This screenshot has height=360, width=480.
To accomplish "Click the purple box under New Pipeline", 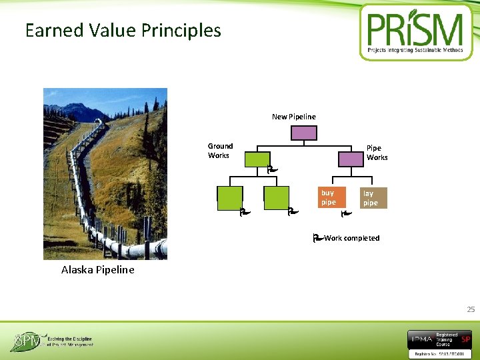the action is pyautogui.click(x=304, y=133).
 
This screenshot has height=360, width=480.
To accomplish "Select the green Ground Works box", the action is pyautogui.click(x=257, y=159).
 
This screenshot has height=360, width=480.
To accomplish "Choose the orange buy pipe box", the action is pyautogui.click(x=329, y=197).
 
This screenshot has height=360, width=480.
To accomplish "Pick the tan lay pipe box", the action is pyautogui.click(x=371, y=198).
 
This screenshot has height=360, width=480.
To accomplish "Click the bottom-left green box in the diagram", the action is pyautogui.click(x=230, y=199).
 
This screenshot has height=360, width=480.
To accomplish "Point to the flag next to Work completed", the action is pyautogui.click(x=317, y=237).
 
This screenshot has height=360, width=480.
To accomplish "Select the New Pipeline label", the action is pyautogui.click(x=294, y=117).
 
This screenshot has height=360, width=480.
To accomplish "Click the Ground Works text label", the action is pyautogui.click(x=220, y=151).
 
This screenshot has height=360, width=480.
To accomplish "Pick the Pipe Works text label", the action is pyautogui.click(x=377, y=153).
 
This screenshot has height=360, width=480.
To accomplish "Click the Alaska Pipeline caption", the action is pyautogui.click(x=97, y=270).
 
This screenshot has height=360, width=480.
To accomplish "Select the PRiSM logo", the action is pyautogui.click(x=415, y=32).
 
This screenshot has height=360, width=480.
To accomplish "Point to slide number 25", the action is pyautogui.click(x=471, y=309).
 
